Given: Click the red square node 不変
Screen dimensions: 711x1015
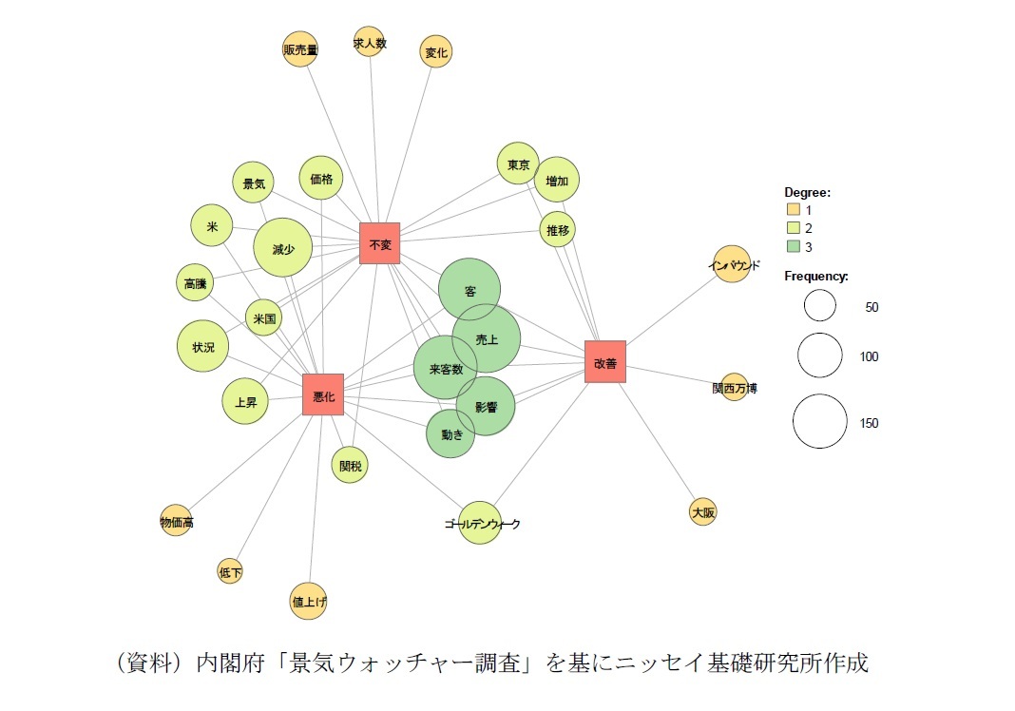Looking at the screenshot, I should [380, 243].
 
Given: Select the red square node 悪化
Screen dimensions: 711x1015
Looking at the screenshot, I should [323, 394].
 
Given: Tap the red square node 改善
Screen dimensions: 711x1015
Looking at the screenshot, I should [605, 361].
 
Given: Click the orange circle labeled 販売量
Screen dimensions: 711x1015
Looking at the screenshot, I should [300, 49].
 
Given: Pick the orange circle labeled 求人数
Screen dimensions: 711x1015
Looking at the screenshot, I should [369, 42].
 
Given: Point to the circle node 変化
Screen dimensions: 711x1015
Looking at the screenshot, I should [436, 52].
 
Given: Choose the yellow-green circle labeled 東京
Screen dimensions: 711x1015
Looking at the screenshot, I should [518, 164].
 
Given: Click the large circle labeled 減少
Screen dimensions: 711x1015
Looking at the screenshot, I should [283, 248].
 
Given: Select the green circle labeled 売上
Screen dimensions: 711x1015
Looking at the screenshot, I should [487, 338].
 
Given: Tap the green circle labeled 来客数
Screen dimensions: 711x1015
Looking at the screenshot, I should [445, 368].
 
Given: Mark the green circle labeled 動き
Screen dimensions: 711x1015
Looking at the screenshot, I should [450, 434].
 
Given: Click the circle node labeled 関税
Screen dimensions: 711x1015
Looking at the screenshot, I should [351, 466].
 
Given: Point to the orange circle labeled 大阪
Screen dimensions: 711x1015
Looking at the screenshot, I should [703, 512].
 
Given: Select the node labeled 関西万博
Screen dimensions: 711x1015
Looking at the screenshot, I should [734, 388].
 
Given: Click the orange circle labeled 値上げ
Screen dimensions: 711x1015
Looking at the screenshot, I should [309, 601].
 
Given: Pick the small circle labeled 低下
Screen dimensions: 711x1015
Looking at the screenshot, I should [230, 571].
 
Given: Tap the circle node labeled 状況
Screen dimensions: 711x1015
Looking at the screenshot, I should [203, 347].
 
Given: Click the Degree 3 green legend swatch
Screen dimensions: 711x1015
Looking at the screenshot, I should [792, 247].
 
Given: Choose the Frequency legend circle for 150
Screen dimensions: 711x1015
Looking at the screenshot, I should [820, 422].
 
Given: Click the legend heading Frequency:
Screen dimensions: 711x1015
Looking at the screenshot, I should [815, 277].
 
